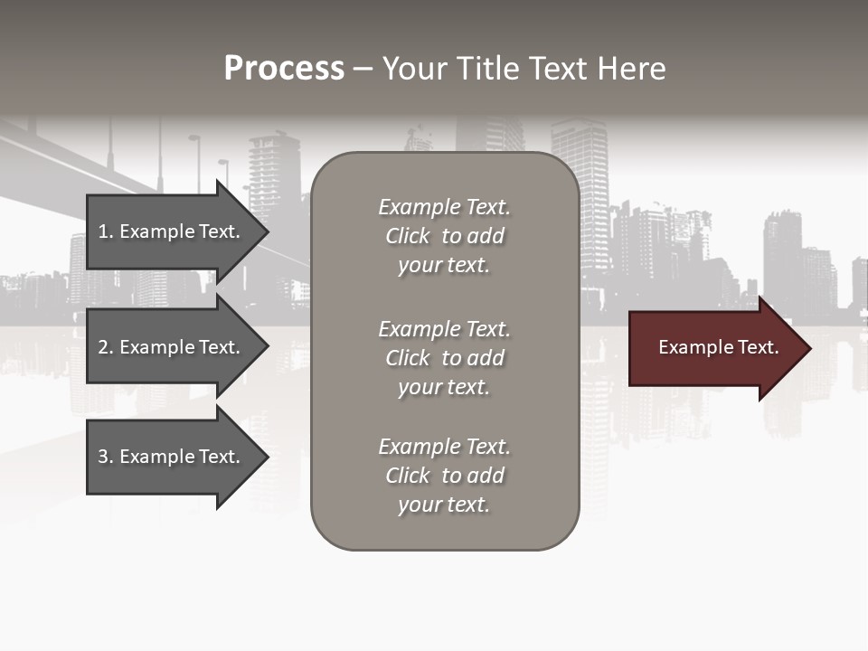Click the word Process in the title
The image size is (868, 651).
[284, 69]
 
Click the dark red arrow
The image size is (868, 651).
[714, 348]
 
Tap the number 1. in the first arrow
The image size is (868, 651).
[105, 231]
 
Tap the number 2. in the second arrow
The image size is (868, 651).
[105, 347]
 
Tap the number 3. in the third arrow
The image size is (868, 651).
[105, 457]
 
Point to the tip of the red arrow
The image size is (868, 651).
[809, 348]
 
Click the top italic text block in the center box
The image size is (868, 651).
[444, 236]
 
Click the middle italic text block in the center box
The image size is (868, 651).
[444, 358]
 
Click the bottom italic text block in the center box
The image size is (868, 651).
[444, 476]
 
